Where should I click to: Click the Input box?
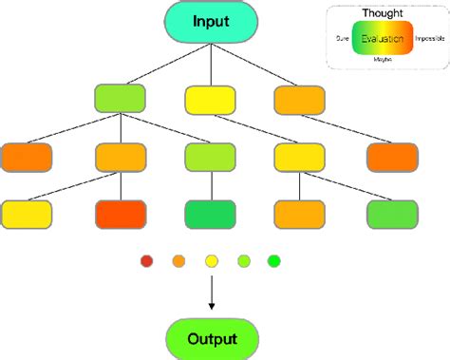click(x=210, y=22)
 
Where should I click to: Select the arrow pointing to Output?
click(x=210, y=294)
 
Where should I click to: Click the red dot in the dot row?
click(x=146, y=260)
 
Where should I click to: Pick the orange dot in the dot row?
click(x=178, y=260)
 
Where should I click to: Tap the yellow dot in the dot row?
click(x=211, y=260)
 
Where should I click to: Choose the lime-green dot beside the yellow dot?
click(x=243, y=260)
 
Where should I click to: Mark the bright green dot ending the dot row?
click(x=274, y=260)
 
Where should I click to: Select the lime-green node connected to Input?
click(x=121, y=98)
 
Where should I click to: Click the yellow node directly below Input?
click(x=210, y=98)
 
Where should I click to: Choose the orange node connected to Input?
click(x=298, y=98)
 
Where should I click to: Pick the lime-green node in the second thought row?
click(x=210, y=156)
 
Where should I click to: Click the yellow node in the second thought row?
click(x=298, y=156)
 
